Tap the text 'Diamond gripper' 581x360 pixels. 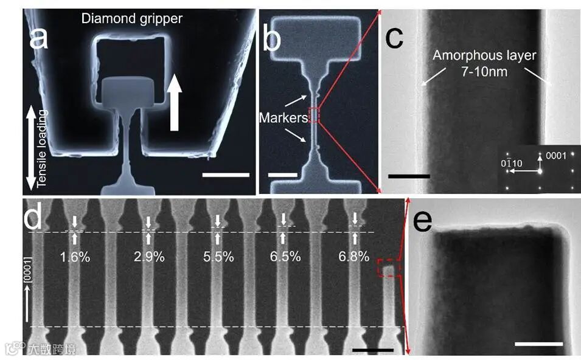132,19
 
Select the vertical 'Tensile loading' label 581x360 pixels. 41,146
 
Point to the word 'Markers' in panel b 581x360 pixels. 282,116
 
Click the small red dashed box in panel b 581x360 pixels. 314,114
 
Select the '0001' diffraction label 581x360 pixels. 557,156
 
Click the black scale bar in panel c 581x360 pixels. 409,176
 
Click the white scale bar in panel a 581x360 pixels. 226,175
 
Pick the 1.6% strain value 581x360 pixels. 75,257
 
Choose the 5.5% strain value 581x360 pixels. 218,257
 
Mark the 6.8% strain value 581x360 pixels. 354,257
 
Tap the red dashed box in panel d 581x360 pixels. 387,268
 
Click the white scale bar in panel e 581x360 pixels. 538,344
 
